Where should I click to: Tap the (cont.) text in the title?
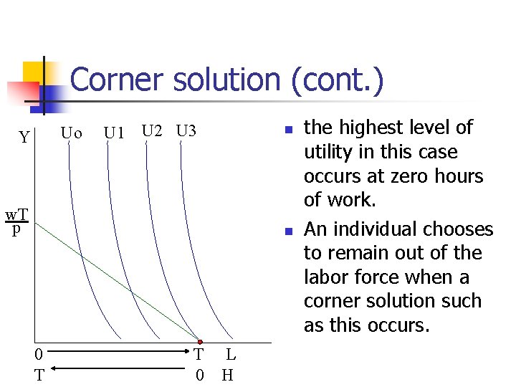[337, 80]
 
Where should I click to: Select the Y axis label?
[24, 137]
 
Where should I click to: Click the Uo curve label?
[71, 133]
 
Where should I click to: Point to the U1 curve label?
[115, 133]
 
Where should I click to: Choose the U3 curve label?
[186, 131]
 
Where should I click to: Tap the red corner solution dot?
[201, 342]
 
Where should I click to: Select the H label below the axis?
[228, 374]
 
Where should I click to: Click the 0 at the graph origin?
[40, 353]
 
